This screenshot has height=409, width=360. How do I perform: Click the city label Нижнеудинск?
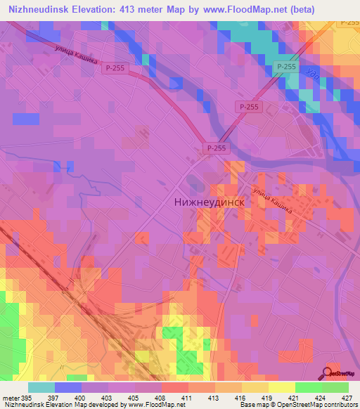pyautogui.click(x=208, y=201)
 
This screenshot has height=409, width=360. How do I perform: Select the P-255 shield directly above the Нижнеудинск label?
pyautogui.click(x=217, y=148)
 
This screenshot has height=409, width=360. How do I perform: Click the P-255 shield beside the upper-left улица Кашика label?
pyautogui.click(x=115, y=67)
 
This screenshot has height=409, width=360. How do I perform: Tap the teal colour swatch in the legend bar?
pyautogui.click(x=41, y=387)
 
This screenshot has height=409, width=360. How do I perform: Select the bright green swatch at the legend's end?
pyautogui.click(x=335, y=387)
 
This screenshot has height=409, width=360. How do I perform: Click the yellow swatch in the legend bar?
pyautogui.click(x=281, y=387)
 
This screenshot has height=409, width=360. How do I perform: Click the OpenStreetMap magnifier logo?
pyautogui.click(x=328, y=373)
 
